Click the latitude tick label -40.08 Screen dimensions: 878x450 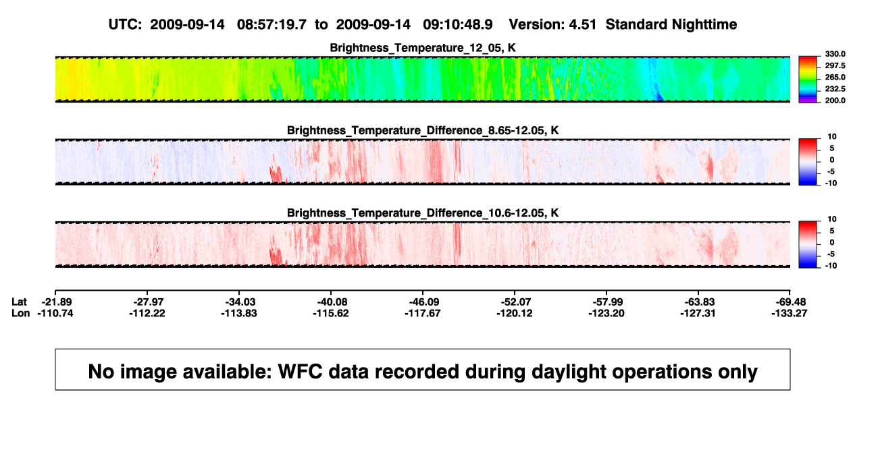coord(331,302)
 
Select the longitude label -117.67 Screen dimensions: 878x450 coord(423,313)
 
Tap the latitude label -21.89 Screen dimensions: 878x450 coord(57,302)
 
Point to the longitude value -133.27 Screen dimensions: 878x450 coord(790,313)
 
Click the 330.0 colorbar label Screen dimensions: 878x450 coord(835,54)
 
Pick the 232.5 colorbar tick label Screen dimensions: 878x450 coord(835,89)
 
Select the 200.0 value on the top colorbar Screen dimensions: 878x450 coord(835,101)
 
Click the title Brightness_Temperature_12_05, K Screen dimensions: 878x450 coord(423,48)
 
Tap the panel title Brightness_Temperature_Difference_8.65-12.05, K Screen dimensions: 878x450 coord(423,130)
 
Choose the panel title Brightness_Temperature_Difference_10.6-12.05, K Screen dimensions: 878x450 coord(423,213)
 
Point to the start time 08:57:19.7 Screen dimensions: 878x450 coord(272,25)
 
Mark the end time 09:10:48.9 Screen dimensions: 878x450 coord(458,25)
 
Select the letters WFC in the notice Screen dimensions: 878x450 coord(300,372)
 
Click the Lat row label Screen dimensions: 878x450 coord(19,302)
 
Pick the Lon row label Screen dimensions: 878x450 coord(20,313)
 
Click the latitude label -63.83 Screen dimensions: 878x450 coord(698,302)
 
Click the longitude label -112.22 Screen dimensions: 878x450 coord(147,313)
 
